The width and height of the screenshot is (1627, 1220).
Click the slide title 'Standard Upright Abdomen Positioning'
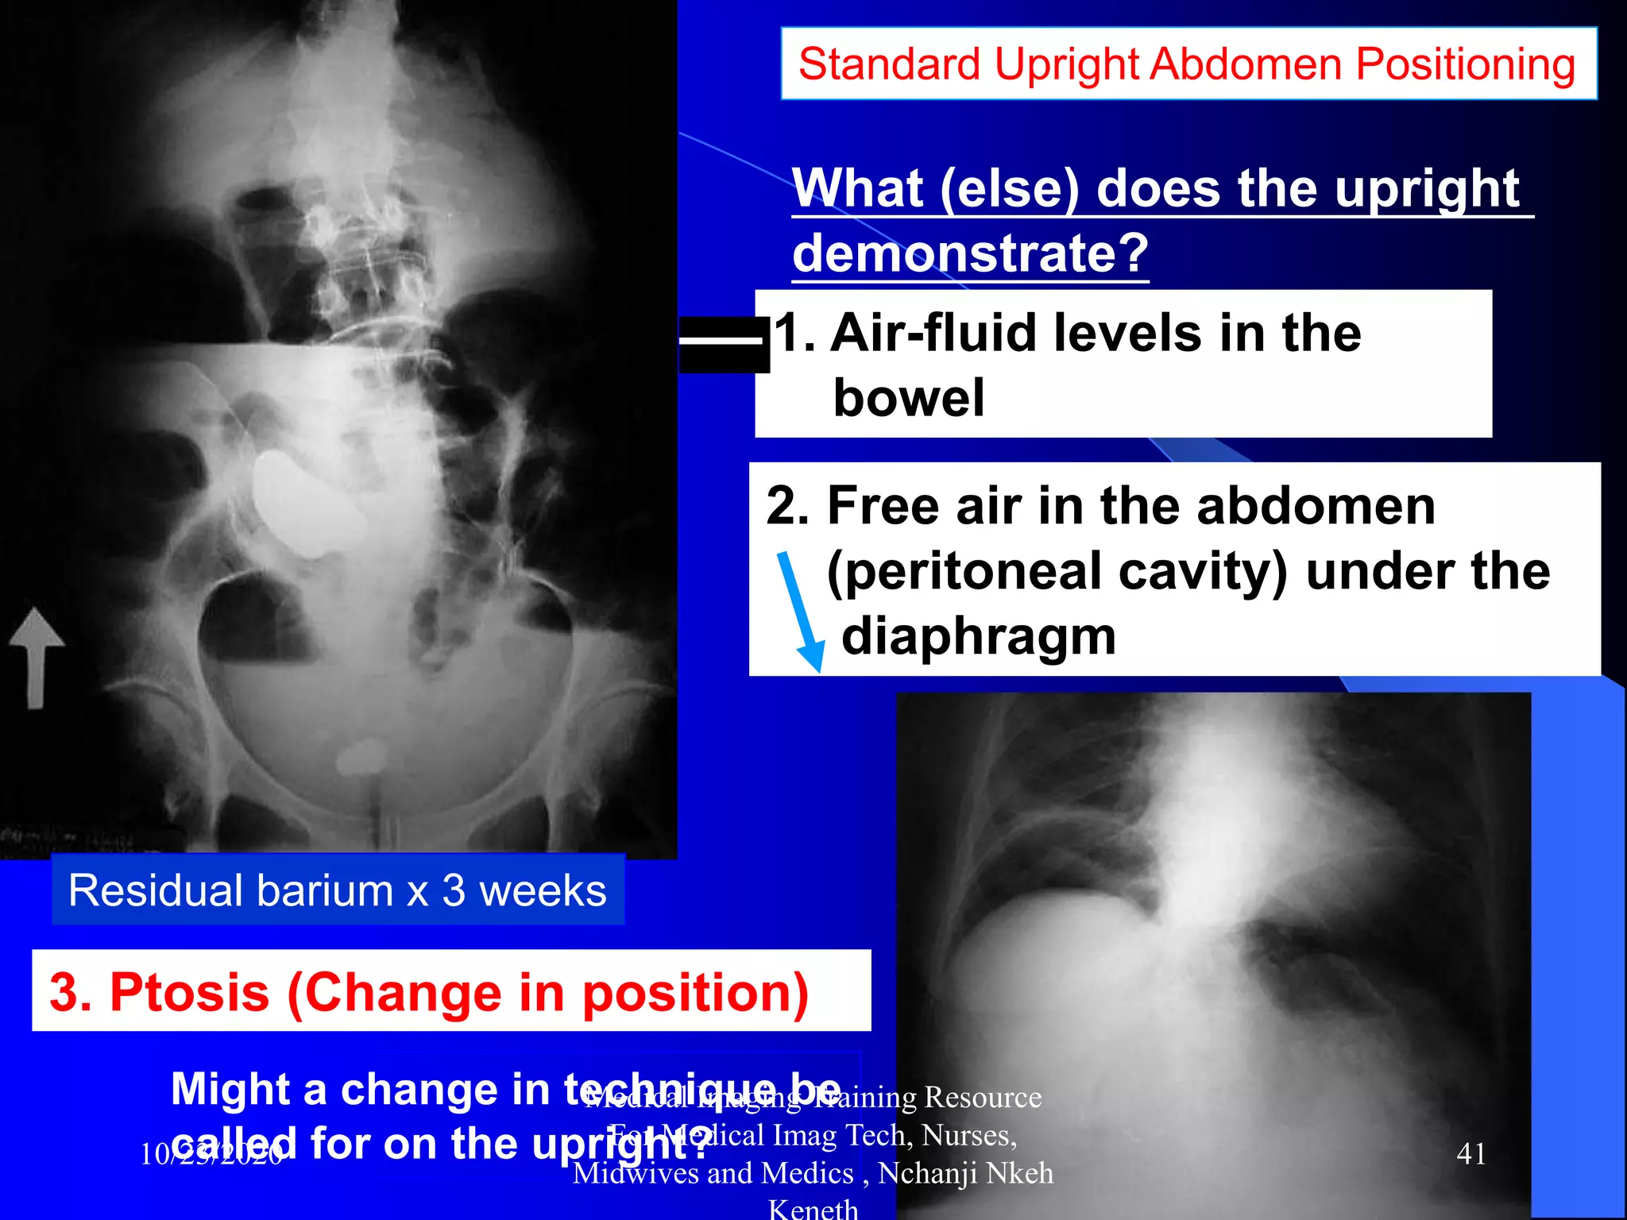1187,64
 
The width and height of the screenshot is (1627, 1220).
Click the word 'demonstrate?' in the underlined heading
970,253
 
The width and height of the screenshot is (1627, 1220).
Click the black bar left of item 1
724,344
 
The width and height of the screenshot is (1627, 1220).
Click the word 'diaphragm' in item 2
978,636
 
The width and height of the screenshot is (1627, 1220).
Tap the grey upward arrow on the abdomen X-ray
36,655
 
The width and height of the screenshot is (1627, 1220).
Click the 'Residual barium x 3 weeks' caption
337,890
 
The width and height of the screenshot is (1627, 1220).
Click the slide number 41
1470,1153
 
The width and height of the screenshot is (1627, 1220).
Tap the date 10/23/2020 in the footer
211,1154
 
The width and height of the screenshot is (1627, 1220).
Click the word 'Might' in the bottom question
230,1089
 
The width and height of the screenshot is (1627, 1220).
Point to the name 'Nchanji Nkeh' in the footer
965,1173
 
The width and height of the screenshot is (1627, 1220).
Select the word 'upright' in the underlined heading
1426,189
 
